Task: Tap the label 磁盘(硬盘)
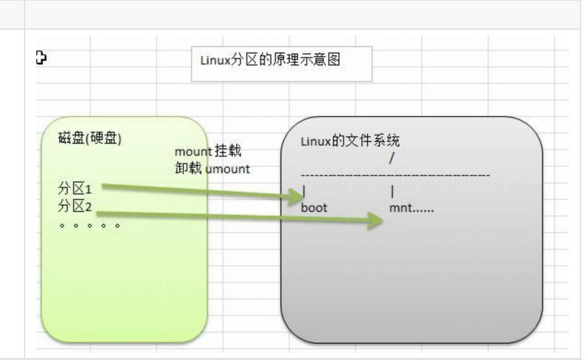coord(90,139)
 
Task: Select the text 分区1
coord(75,189)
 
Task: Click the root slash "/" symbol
coord(391,158)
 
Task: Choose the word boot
coord(315,208)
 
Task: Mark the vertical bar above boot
coord(304,192)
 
